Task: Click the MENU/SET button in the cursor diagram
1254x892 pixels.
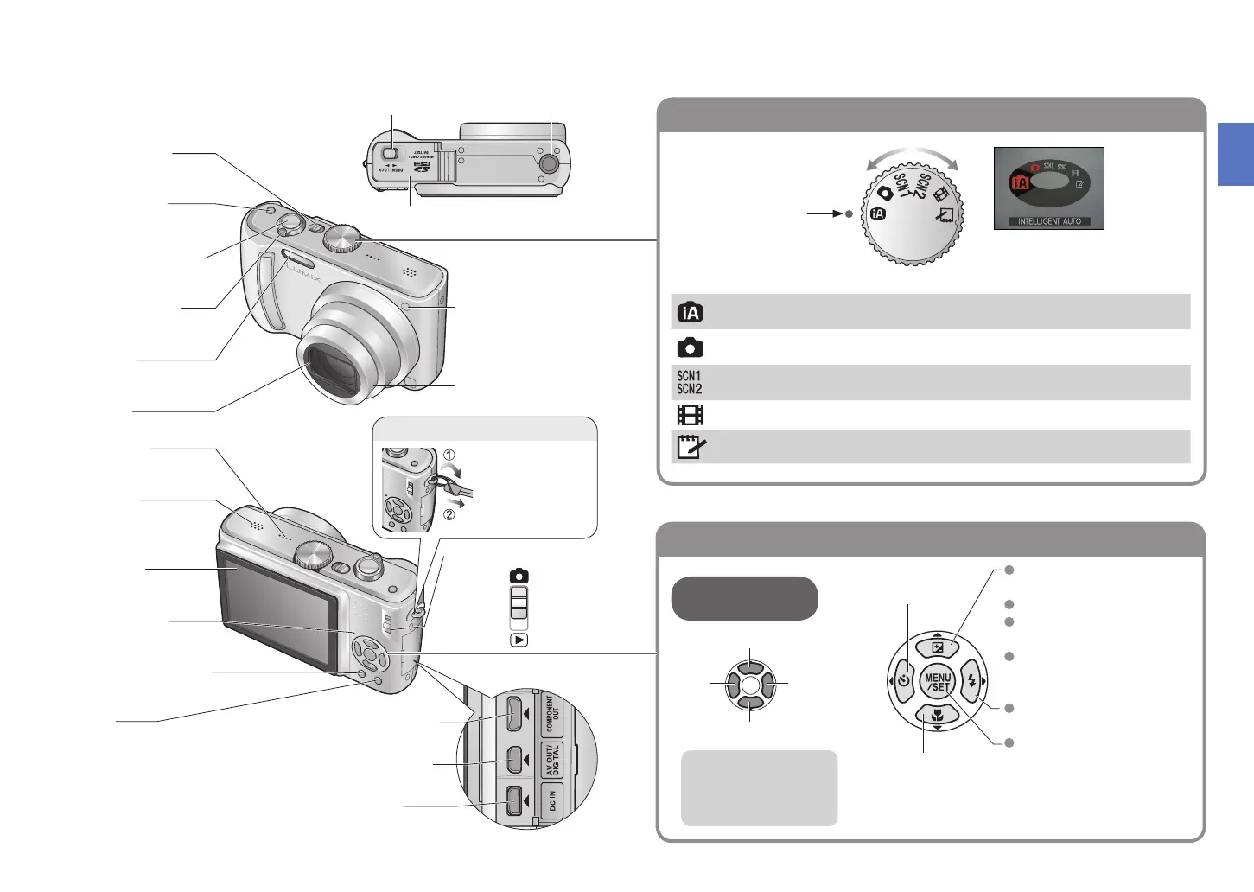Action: [938, 681]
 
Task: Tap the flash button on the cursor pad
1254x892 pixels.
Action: [971, 681]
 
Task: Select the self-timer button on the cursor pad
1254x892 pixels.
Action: [903, 681]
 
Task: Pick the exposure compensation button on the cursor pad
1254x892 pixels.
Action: [938, 647]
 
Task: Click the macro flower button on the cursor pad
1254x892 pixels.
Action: [938, 715]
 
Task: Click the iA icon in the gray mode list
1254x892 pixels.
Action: [690, 312]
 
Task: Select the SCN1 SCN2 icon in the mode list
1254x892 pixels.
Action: [689, 382]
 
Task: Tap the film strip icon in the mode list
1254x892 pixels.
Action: [690, 415]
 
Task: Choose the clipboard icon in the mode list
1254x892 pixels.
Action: [690, 447]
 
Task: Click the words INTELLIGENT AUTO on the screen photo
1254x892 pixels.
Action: [1049, 222]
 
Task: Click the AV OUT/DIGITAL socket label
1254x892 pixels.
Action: [552, 761]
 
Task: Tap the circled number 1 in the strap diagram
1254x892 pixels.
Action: [449, 456]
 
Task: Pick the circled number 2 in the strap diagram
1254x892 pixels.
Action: [449, 515]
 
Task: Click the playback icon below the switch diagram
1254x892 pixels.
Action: [519, 640]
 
